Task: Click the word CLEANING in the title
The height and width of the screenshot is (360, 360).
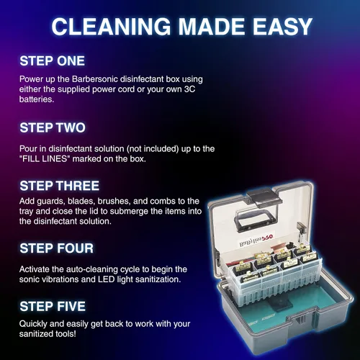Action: tap(111, 27)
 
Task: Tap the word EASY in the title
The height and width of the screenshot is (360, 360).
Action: tap(282, 27)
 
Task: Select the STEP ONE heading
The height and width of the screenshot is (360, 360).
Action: tap(53, 61)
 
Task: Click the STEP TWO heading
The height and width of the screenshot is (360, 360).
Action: tap(53, 127)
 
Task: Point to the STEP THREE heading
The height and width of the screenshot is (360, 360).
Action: tap(60, 186)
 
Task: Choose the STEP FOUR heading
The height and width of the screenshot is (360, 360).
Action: tap(57, 248)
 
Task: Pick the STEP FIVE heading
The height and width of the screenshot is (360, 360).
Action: tap(53, 306)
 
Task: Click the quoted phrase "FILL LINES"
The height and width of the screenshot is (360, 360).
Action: tap(44, 159)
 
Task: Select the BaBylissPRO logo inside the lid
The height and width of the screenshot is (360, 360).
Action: tap(256, 240)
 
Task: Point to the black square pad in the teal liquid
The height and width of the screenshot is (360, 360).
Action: tap(280, 305)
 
